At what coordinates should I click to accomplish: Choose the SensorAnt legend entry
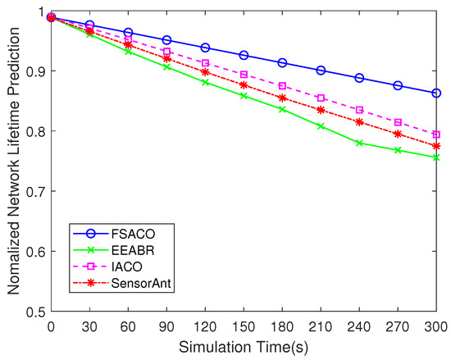point(131,283)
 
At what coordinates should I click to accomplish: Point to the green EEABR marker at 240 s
point(359,143)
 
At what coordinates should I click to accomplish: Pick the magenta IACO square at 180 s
point(282,86)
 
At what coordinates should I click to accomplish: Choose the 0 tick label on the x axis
point(51,326)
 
